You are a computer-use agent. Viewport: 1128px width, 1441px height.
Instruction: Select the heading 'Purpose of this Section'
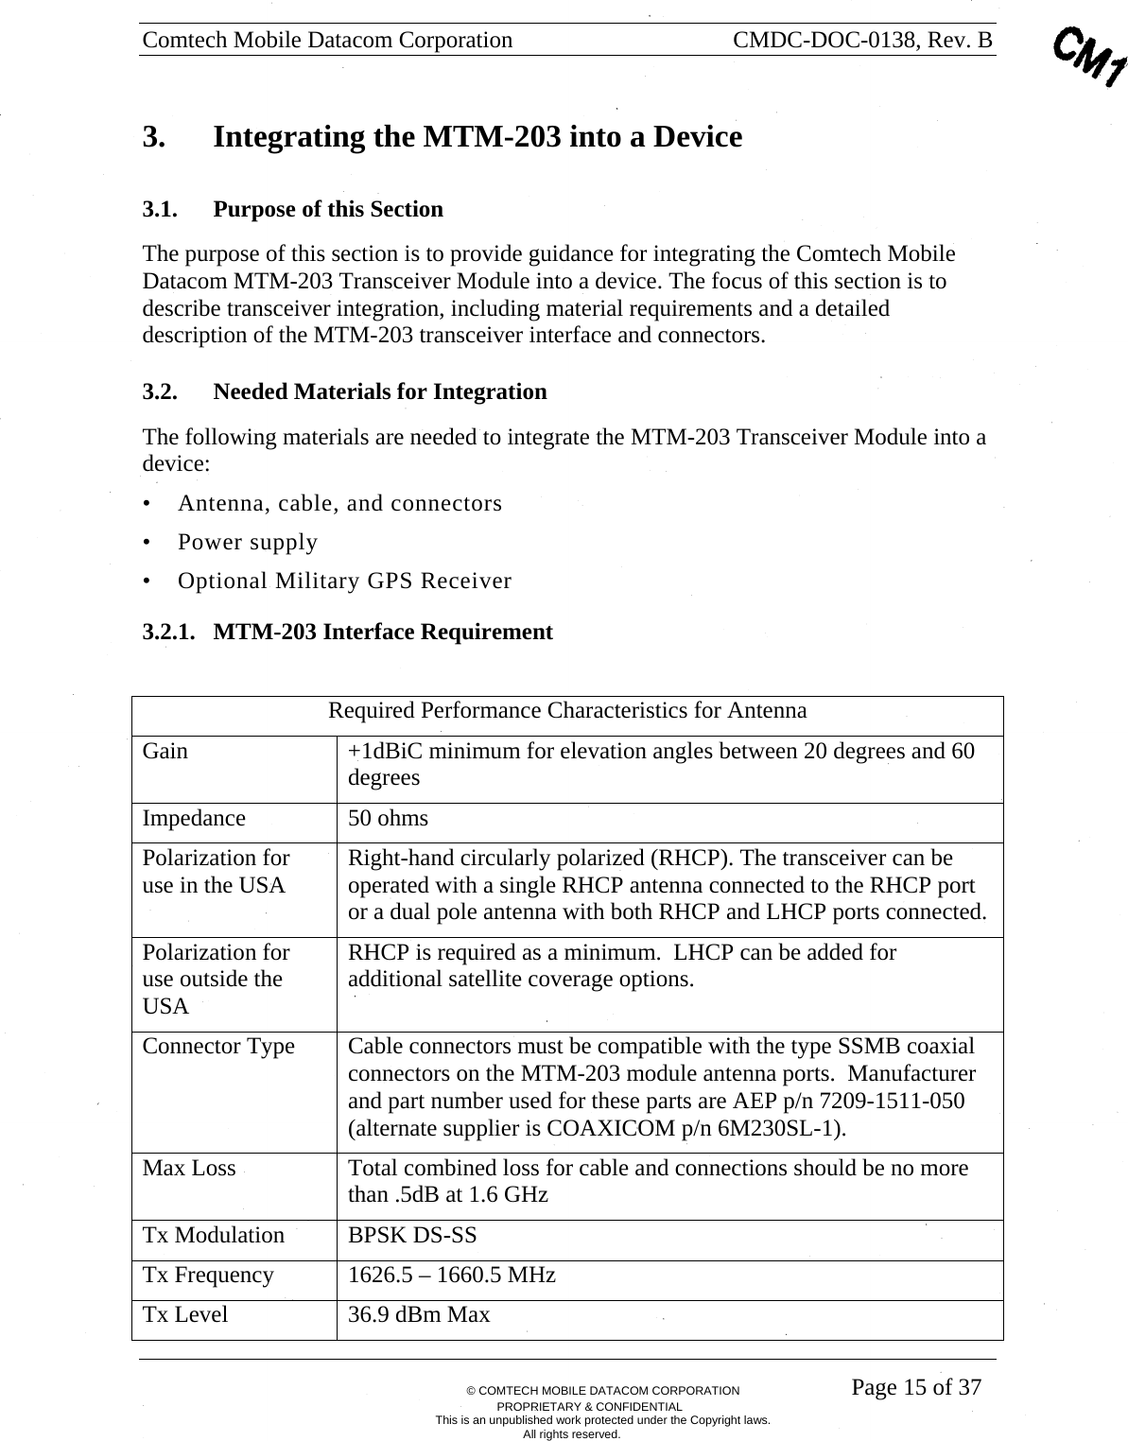pos(327,209)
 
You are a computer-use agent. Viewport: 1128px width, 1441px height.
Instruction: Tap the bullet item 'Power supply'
pos(248,542)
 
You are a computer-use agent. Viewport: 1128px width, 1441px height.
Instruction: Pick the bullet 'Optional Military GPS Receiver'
pos(344,581)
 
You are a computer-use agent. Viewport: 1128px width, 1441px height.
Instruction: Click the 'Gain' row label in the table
pos(165,752)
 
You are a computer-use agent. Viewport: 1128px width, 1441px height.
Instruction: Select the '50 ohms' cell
pos(388,819)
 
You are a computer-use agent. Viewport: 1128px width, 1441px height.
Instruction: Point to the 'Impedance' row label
pos(194,819)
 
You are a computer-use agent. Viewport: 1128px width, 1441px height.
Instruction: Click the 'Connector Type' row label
pos(218,1047)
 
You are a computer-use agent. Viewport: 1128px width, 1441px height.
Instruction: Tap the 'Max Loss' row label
pos(189,1169)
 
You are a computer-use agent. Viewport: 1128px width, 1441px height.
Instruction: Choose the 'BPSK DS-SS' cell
pos(412,1236)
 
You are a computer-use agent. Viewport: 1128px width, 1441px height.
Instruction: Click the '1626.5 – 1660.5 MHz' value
pos(452,1276)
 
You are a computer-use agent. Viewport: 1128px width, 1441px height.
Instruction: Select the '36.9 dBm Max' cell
pos(419,1315)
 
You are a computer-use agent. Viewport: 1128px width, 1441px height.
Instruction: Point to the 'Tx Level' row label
pos(185,1315)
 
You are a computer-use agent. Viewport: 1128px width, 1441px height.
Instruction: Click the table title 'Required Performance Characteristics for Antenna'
pos(567,711)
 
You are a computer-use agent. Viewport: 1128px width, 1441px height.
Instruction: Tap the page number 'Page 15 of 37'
pos(915,1388)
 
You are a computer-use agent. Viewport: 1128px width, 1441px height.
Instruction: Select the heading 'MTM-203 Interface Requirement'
pos(382,632)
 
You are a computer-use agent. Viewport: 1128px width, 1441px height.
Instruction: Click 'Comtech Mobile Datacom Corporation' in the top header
pos(327,40)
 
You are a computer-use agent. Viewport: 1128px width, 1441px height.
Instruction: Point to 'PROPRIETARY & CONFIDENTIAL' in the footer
pos(602,1406)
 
